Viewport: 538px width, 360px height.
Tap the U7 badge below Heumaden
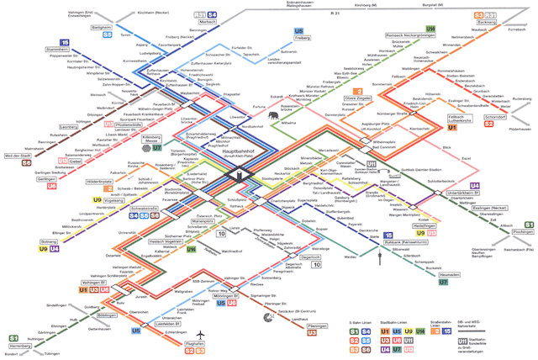[443, 283]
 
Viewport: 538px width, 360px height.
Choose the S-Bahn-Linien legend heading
[361, 322]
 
